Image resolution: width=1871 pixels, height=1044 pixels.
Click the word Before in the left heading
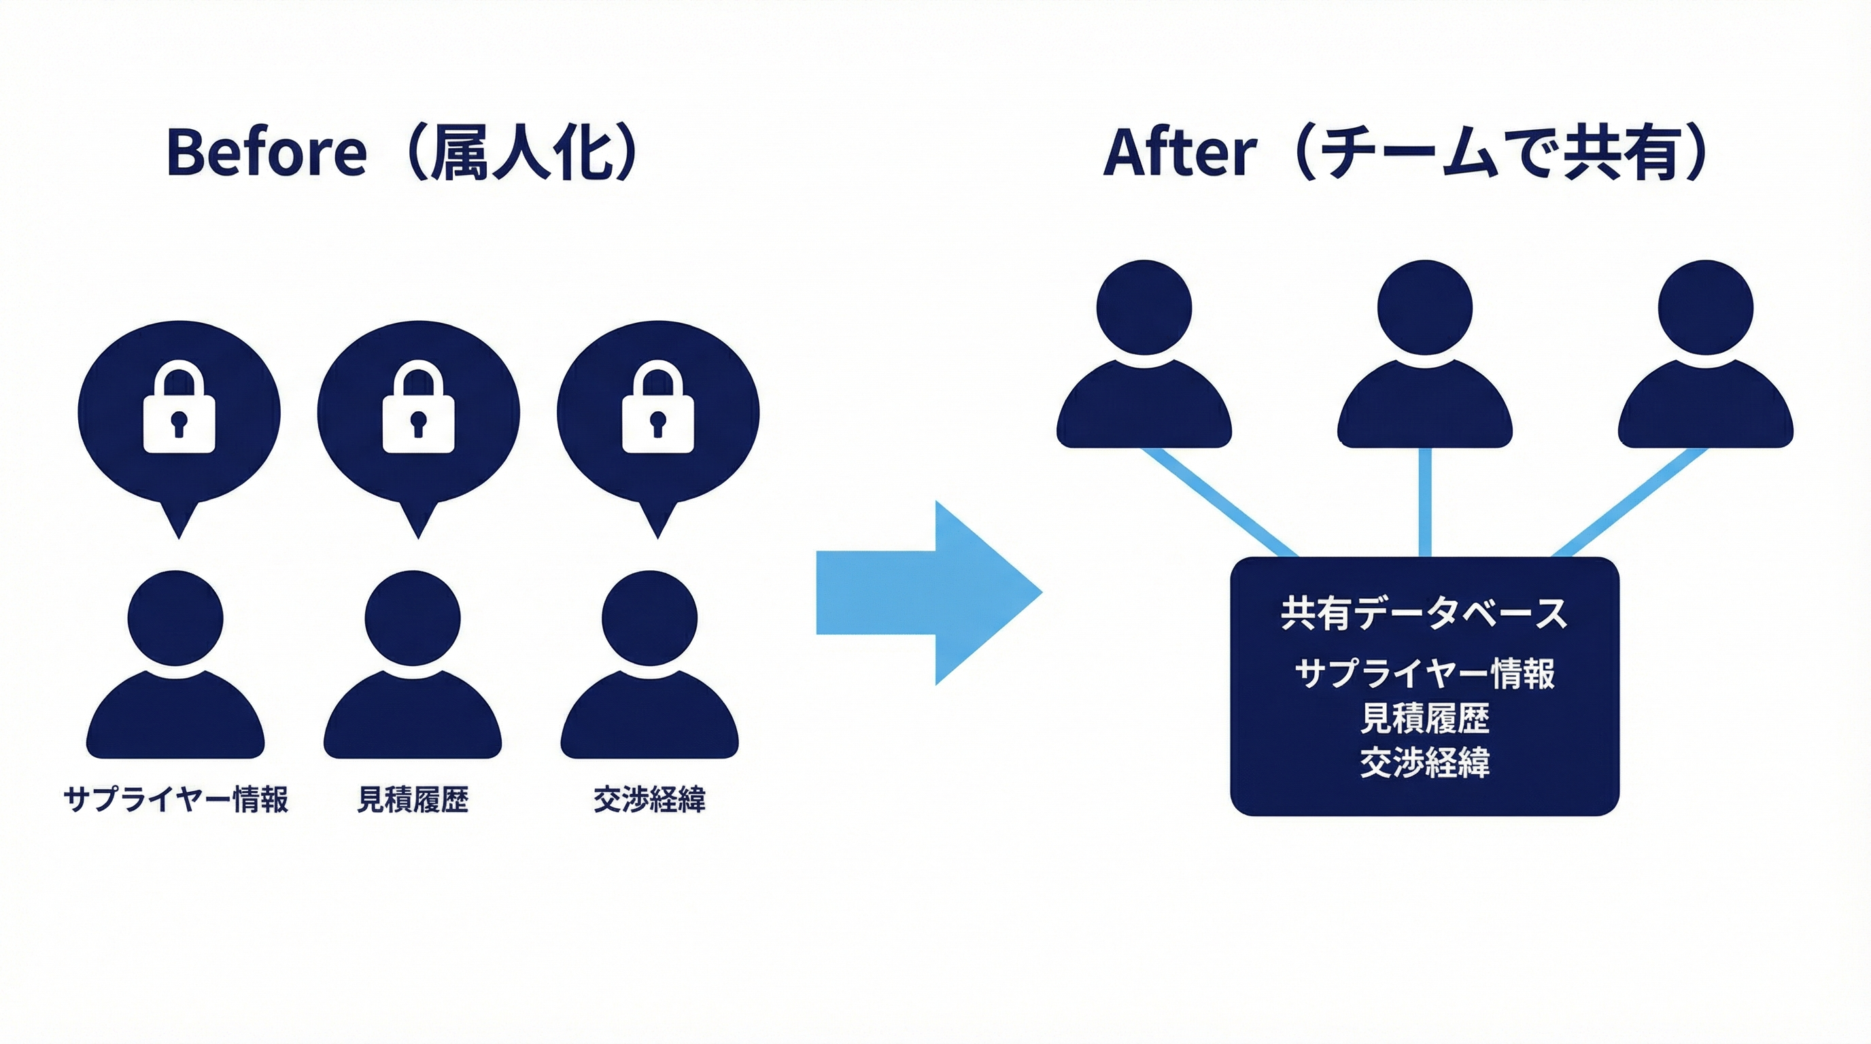click(x=266, y=152)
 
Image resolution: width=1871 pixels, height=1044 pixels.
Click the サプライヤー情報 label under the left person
click(x=177, y=800)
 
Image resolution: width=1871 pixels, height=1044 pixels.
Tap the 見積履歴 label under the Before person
click(x=413, y=800)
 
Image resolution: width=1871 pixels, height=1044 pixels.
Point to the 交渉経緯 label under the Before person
click(x=649, y=800)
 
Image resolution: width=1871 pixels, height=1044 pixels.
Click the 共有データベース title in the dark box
click(x=1424, y=614)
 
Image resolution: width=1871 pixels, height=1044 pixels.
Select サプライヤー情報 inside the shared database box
click(x=1424, y=674)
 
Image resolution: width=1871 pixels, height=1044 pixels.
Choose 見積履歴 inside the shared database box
click(x=1424, y=718)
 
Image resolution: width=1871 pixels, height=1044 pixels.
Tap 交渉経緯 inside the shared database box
click(x=1424, y=763)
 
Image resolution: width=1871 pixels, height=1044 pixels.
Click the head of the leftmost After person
click(x=1144, y=307)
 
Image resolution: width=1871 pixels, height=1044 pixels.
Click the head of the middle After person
click(x=1424, y=307)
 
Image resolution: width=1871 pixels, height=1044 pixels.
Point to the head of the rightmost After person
click(x=1705, y=307)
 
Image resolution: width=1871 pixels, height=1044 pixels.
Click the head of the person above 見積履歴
click(x=413, y=618)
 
